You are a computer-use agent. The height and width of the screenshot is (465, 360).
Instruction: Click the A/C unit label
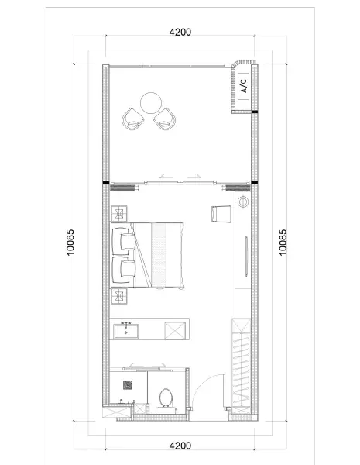coord(244,86)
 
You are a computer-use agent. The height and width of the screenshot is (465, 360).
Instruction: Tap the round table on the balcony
coord(151,103)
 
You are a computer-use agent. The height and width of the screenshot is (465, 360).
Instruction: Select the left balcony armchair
coord(132,119)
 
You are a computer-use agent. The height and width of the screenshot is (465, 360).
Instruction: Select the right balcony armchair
coord(165,119)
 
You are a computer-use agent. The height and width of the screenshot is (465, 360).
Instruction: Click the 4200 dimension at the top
coord(180,32)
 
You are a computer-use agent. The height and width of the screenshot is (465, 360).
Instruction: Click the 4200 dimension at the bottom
coord(180,446)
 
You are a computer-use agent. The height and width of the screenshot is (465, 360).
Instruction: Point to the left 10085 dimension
coord(70,242)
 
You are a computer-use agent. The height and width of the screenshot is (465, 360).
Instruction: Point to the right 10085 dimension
coord(283,242)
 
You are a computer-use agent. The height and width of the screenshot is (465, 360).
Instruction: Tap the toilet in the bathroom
coord(166,401)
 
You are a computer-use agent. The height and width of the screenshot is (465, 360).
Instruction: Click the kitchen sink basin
coord(126,331)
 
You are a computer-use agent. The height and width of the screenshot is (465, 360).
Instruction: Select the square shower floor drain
coord(128,385)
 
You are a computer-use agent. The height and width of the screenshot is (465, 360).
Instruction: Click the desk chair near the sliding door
coord(221,214)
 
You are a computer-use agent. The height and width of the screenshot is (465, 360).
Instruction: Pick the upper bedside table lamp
coord(119,214)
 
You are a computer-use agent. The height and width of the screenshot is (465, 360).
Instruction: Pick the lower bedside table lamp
coord(119,296)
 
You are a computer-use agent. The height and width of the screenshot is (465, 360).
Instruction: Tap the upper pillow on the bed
coord(128,242)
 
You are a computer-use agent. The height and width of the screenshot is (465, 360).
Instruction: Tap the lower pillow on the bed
coord(128,269)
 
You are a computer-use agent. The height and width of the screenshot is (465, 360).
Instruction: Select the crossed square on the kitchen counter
coord(175,331)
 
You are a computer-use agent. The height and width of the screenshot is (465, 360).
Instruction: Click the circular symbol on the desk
coord(243,201)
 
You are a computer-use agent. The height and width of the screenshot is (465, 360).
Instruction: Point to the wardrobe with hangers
coord(242,367)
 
